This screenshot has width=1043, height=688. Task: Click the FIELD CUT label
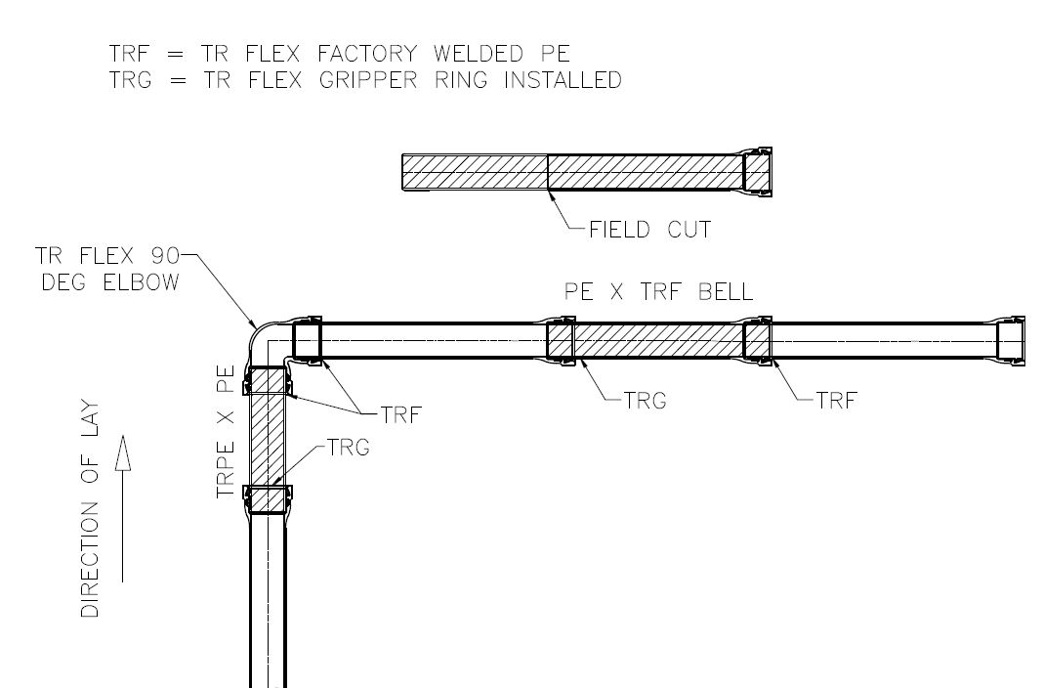pyautogui.click(x=649, y=230)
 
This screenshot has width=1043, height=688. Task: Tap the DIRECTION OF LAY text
pyautogui.click(x=90, y=509)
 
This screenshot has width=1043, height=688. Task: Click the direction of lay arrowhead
pyautogui.click(x=122, y=453)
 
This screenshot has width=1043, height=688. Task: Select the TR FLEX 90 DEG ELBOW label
pyautogui.click(x=107, y=269)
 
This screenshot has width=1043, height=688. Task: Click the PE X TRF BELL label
pyautogui.click(x=658, y=291)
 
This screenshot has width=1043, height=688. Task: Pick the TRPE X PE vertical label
pyautogui.click(x=226, y=432)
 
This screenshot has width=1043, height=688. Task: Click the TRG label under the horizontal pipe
pyautogui.click(x=645, y=401)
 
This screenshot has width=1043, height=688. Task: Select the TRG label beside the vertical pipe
pyautogui.click(x=348, y=448)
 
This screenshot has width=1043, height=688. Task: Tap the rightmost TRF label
pyautogui.click(x=837, y=401)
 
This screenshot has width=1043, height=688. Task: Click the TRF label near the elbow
pyautogui.click(x=401, y=415)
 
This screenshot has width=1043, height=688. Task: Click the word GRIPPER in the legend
pyautogui.click(x=368, y=80)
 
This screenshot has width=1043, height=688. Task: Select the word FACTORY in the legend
pyautogui.click(x=367, y=53)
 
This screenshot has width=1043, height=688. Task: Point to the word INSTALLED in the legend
pyautogui.click(x=563, y=80)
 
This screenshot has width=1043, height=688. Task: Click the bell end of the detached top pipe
pyautogui.click(x=758, y=172)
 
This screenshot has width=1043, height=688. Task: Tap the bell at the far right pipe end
pyautogui.click(x=1011, y=341)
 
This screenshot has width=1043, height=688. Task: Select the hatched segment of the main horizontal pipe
pyautogui.click(x=658, y=341)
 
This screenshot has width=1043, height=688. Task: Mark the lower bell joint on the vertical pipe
pyautogui.click(x=268, y=499)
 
